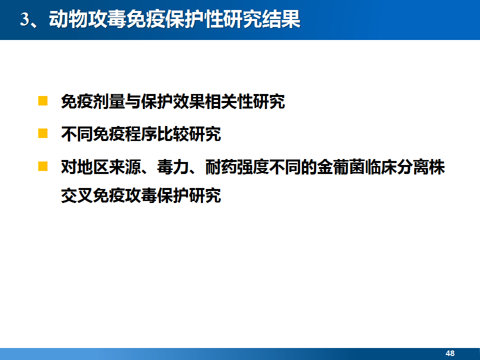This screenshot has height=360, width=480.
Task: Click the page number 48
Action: tap(450, 353)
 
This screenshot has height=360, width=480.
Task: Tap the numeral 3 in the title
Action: tap(24, 19)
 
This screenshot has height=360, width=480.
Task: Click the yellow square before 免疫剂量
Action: tap(43, 101)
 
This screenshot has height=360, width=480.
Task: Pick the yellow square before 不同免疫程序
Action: tap(43, 133)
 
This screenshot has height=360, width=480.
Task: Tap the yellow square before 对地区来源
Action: tap(43, 166)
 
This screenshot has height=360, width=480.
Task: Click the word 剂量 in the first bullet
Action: tap(109, 101)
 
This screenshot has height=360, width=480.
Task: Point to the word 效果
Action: tap(189, 101)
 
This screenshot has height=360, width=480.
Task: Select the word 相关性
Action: tap(229, 101)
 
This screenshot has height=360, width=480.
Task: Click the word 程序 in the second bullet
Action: tap(141, 134)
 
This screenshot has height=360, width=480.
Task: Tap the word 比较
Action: tap(172, 134)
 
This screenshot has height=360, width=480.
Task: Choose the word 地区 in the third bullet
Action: tap(93, 167)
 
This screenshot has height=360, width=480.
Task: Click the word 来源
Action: tap(125, 167)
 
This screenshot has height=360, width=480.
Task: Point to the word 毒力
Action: tap(172, 167)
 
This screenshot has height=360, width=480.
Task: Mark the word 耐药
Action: tap(220, 167)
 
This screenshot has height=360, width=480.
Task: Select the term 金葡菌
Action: tap(340, 167)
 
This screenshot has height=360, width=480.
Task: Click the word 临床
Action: tap(380, 167)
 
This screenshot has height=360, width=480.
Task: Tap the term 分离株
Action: tap(420, 167)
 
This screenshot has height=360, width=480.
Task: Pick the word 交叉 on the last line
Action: tap(77, 195)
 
